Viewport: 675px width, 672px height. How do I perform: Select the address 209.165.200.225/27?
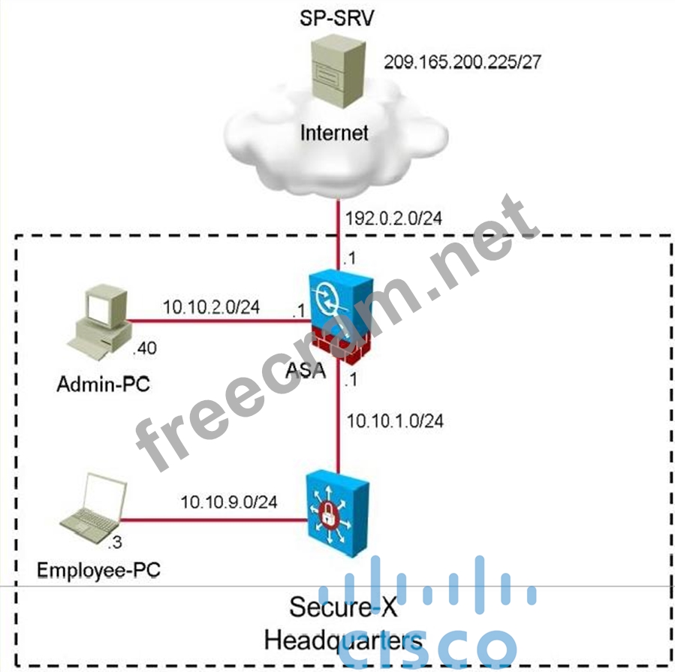[x=463, y=61]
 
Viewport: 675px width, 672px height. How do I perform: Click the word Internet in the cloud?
[x=335, y=133]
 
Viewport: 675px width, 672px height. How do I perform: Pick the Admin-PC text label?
[x=104, y=385]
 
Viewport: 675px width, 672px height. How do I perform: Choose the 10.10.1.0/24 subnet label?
[x=395, y=421]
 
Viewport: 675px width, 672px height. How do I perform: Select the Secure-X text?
[x=334, y=607]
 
